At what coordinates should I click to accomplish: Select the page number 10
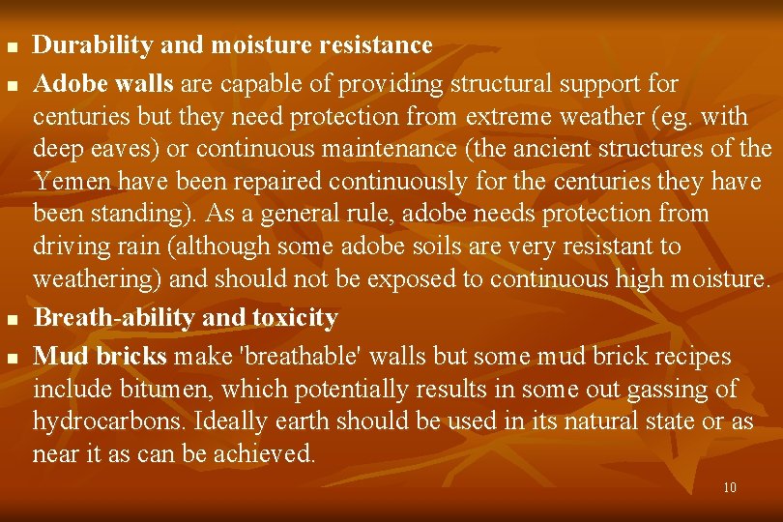click(x=730, y=487)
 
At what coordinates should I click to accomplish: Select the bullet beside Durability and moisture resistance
click(x=12, y=47)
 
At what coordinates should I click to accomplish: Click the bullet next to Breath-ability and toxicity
click(x=12, y=319)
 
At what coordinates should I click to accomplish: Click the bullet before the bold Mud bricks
click(x=12, y=359)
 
